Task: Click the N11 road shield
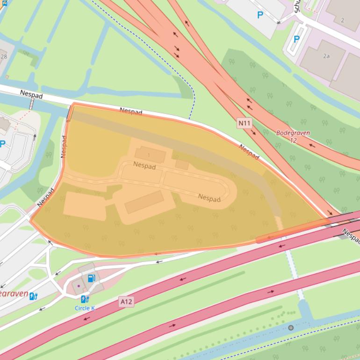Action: (245, 123)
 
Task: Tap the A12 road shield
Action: (126, 302)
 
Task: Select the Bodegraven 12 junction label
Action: (293, 136)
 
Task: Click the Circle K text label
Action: (85, 308)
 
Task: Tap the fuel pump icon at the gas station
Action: (92, 278)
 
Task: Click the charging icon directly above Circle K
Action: (84, 299)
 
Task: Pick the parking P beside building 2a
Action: (296, 39)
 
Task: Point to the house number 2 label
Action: (342, 20)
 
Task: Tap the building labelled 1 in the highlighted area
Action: (150, 155)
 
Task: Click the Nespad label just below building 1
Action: (144, 165)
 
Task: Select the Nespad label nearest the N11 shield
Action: (249, 151)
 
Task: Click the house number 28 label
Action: (4, 57)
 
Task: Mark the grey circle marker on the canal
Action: (291, 328)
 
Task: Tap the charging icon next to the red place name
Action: (33, 296)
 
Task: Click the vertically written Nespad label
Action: (64, 146)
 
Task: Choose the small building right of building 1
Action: (182, 164)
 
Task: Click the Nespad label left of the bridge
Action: (31, 95)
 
